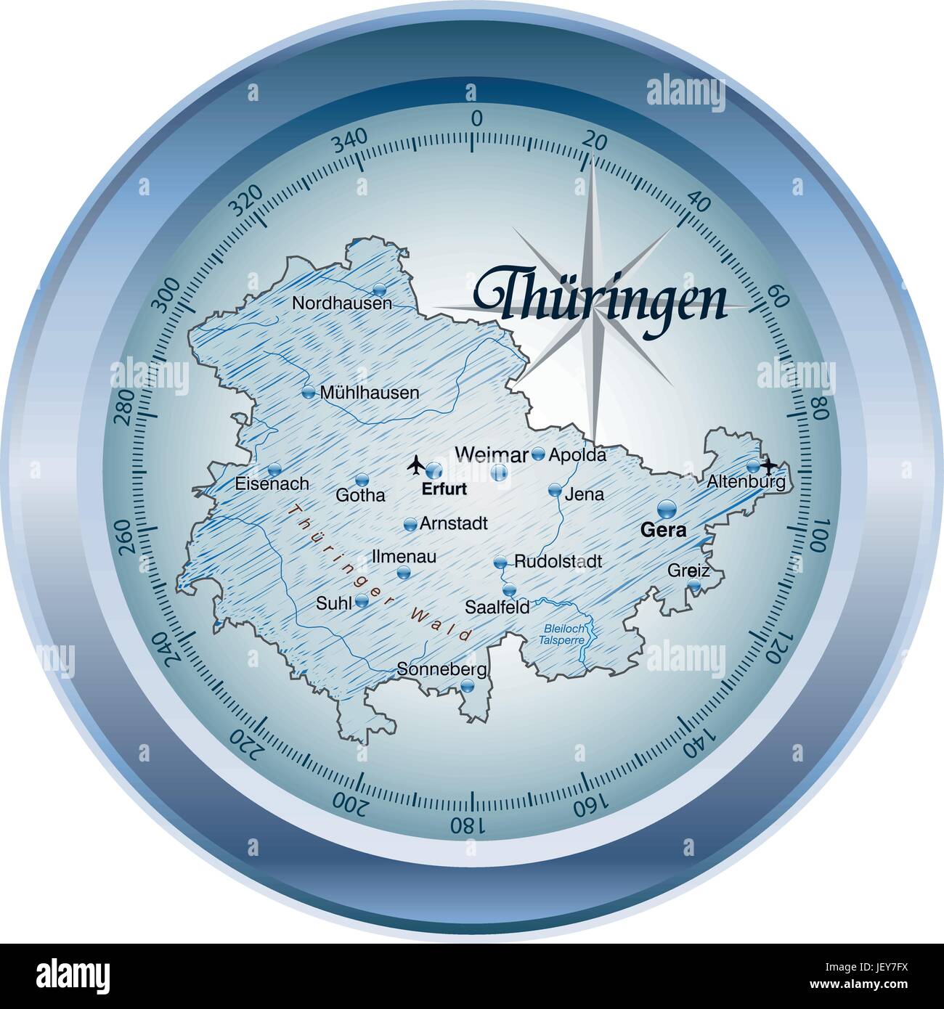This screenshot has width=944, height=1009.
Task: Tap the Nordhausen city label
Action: pyautogui.click(x=341, y=303)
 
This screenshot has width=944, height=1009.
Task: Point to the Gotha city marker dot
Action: pyautogui.click(x=362, y=480)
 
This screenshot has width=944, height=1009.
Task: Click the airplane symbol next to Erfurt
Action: pyautogui.click(x=415, y=464)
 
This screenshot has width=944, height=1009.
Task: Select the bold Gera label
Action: pyautogui.click(x=663, y=530)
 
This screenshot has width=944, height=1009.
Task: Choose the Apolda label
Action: pyautogui.click(x=577, y=455)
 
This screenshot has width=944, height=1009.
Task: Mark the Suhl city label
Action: pyautogui.click(x=334, y=602)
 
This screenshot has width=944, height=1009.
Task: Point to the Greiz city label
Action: pyautogui.click(x=688, y=571)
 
